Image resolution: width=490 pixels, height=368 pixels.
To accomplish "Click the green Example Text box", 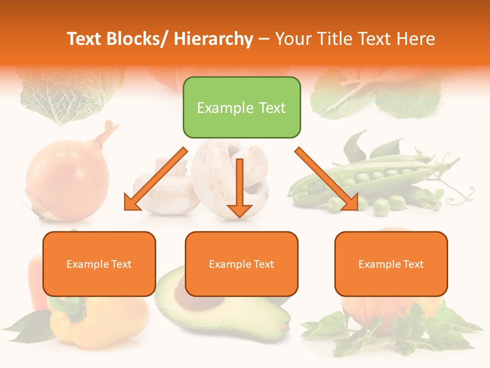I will (241, 108).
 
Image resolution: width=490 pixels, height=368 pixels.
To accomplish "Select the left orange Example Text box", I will (99, 264).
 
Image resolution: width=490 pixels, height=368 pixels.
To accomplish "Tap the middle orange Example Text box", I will (241, 264).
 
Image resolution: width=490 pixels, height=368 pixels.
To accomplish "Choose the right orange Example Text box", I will (391, 264).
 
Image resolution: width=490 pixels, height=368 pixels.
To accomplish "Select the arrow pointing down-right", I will (327, 179).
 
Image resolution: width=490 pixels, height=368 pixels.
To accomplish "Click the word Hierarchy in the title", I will (213, 39).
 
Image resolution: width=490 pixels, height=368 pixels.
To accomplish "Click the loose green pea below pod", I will (380, 207).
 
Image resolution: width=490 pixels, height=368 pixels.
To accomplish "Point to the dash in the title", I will (264, 39).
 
